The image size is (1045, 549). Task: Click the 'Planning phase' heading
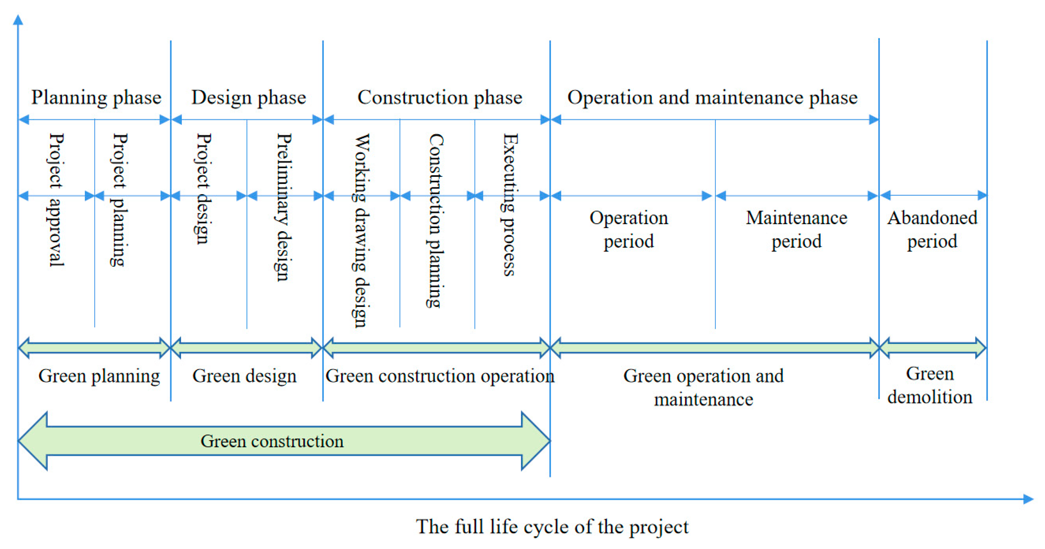[x=96, y=98]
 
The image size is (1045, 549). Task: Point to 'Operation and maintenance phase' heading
[x=712, y=98]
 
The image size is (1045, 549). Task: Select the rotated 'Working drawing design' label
[x=361, y=230]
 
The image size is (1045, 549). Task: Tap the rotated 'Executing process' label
[x=510, y=205]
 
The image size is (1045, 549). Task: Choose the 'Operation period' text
[x=628, y=229]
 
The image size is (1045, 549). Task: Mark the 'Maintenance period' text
[x=796, y=229]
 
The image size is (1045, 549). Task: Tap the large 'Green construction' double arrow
[x=284, y=441]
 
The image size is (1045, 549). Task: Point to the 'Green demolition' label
[x=930, y=385]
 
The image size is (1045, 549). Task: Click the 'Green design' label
[x=244, y=376]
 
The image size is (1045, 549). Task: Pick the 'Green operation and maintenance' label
[x=704, y=387]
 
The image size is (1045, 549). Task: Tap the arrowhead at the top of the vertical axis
[x=18, y=19]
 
